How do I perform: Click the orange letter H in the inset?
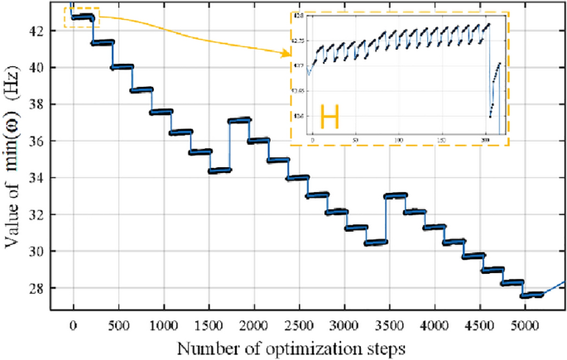coord(329,117)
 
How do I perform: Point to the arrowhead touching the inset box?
coord(290,55)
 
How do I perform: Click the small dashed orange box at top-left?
coord(82,17)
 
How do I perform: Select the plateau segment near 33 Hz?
coord(396,195)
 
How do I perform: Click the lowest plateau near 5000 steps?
coord(531,295)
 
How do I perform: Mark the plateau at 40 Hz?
coord(122,67)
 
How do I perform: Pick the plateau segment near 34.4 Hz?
coord(219,170)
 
